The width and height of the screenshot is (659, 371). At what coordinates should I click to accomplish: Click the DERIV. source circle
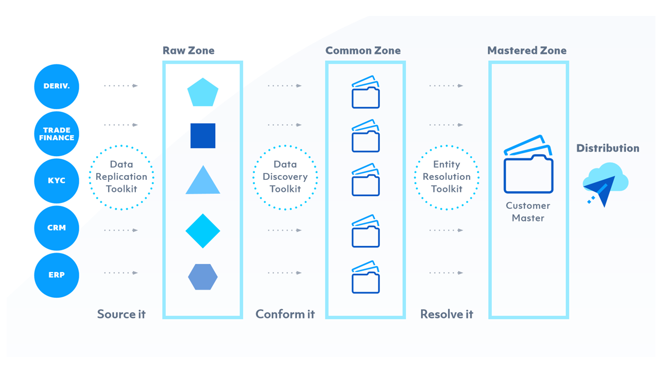coord(57,86)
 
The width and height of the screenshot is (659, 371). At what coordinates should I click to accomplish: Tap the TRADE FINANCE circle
coord(57,133)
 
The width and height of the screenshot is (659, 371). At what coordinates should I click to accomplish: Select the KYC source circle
coord(57,181)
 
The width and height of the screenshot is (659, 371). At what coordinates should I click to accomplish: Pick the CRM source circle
coord(57,228)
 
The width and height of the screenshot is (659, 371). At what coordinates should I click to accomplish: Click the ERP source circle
coord(57,275)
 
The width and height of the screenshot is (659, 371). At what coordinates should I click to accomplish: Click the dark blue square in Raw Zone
coord(203,136)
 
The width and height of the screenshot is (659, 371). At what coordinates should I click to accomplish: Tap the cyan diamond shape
coord(203,231)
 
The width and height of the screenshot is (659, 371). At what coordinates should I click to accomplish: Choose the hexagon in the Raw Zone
coord(203,277)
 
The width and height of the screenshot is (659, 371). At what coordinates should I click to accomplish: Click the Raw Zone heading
coord(188,50)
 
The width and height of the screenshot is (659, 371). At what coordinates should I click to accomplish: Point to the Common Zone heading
coord(363,50)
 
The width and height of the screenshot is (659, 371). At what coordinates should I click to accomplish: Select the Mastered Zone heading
coord(527,50)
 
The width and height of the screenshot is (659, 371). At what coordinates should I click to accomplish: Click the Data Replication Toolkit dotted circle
coord(122,177)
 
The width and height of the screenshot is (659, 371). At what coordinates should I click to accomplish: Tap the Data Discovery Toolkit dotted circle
coord(285,177)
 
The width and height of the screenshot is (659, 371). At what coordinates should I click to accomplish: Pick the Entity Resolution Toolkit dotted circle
coord(447,177)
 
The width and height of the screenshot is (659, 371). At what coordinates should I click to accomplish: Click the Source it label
coord(122,314)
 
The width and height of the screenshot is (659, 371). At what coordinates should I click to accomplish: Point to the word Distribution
coord(608,148)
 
